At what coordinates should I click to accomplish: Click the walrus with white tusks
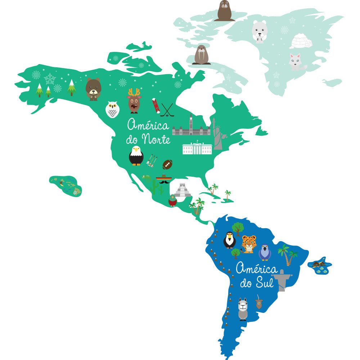(x=202, y=55)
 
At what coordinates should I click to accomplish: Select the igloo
(x=301, y=41)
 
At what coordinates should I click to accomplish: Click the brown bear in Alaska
(x=93, y=89)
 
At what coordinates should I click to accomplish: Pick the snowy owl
(x=112, y=109)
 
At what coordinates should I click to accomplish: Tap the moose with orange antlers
(x=134, y=101)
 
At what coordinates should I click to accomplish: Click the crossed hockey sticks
(x=167, y=110)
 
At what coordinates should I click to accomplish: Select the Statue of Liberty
(x=218, y=134)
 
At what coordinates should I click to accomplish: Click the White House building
(x=197, y=148)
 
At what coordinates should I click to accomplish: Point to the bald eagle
(x=136, y=156)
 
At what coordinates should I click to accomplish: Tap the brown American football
(x=167, y=165)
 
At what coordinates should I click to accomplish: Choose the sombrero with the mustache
(x=164, y=179)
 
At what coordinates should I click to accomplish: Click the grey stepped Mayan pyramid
(x=183, y=190)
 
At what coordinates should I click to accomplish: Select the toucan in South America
(x=229, y=240)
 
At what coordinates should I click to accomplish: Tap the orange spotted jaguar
(x=249, y=244)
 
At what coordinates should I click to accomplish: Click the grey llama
(x=243, y=309)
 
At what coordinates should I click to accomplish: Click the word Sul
(x=265, y=283)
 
